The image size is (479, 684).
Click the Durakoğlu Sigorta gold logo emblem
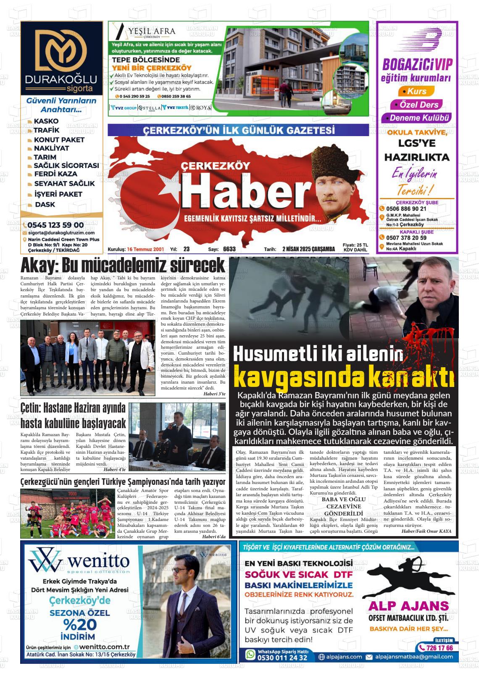(x=61, y=50)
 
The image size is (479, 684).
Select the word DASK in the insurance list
(x=45, y=205)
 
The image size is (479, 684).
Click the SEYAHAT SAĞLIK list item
(x=64, y=184)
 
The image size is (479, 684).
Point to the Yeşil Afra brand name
(x=152, y=31)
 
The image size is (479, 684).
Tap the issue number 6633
(x=229, y=249)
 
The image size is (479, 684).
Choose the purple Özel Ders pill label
(x=416, y=105)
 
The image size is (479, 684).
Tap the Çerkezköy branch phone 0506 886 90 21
(x=406, y=209)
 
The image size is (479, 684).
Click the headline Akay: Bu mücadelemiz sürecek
(x=123, y=266)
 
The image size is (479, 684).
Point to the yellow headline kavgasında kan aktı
(x=344, y=377)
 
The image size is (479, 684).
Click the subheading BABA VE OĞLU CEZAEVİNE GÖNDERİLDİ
(x=343, y=506)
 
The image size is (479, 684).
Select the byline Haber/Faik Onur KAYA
(x=426, y=531)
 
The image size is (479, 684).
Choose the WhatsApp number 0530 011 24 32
(x=282, y=658)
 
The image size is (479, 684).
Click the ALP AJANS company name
(x=408, y=606)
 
